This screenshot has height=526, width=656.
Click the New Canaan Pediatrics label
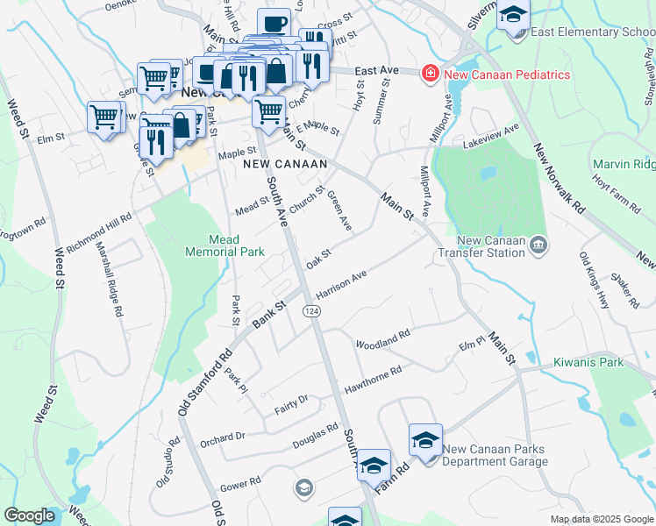click(507, 75)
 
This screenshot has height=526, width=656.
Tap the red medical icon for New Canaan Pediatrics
click(431, 74)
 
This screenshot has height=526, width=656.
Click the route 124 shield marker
click(311, 312)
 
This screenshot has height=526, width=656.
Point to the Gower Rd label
click(241, 482)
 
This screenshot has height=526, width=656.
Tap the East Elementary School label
click(592, 32)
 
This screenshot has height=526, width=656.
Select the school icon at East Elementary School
click(513, 15)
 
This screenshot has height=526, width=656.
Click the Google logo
click(29, 515)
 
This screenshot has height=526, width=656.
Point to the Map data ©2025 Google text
click(601, 519)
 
